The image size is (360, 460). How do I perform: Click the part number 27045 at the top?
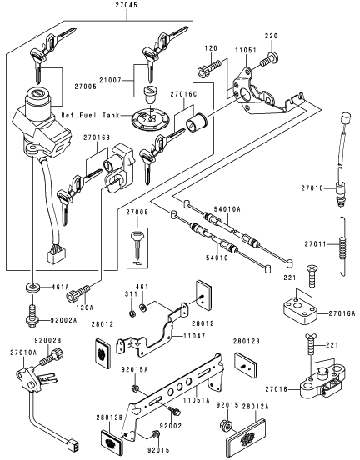(x=127, y=6)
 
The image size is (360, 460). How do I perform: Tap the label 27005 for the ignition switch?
(x=85, y=87)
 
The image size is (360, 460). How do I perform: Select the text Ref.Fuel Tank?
(x=90, y=115)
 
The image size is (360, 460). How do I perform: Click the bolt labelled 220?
(x=269, y=59)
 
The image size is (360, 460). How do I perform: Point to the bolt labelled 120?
(x=209, y=67)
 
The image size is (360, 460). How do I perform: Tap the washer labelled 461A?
(x=32, y=287)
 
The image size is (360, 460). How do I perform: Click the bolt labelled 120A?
(x=78, y=292)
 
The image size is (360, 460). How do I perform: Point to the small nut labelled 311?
(x=132, y=313)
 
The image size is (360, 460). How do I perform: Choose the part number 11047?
(x=194, y=336)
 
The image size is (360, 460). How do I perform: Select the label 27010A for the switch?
(x=23, y=352)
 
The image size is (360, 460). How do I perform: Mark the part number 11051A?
(x=197, y=400)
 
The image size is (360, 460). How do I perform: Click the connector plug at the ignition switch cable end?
(x=57, y=253)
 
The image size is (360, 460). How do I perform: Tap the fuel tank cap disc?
(x=150, y=119)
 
